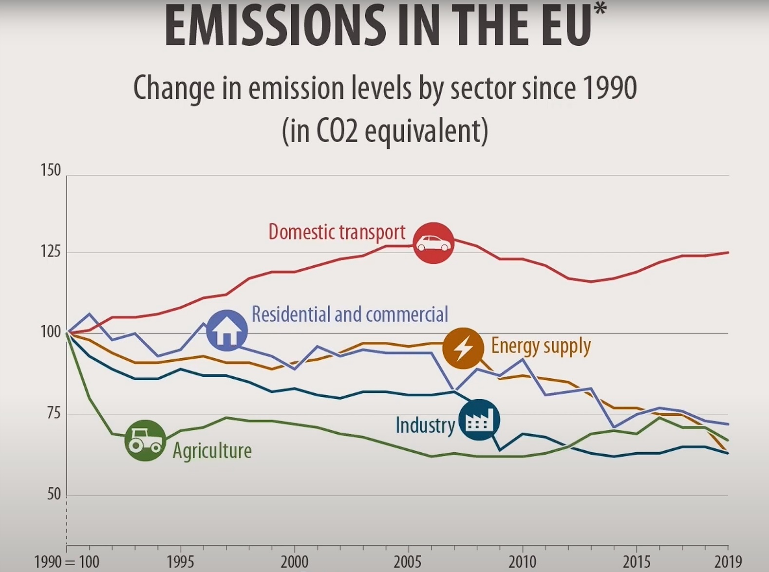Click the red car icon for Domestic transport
pos(433,243)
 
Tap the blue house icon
pos(227,331)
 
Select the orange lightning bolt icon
pos(463,348)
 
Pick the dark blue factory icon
pos(479,420)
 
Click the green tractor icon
pos(145,440)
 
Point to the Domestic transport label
pos(337,232)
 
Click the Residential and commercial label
pos(349,314)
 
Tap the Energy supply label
pos(541,346)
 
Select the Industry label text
pos(425,425)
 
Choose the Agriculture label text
pos(212,451)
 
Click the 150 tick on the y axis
pos(51,170)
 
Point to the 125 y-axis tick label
pos(51,252)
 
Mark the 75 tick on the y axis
pos(53,413)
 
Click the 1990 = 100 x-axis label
pos(67,562)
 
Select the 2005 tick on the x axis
pos(408,562)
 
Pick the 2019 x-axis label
pos(728,562)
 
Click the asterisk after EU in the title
pos(600,9)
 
